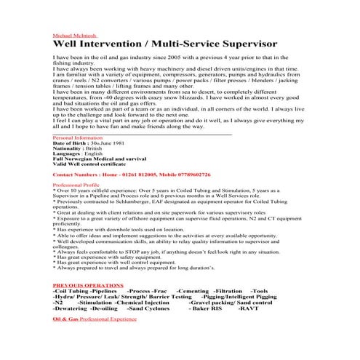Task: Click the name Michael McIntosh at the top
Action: tap(75, 35)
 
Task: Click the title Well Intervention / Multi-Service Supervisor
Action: tap(165, 45)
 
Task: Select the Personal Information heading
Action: tap(78, 137)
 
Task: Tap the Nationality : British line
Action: tap(78, 149)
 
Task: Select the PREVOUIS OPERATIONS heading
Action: tap(88, 285)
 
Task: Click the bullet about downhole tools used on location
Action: tap(119, 228)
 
